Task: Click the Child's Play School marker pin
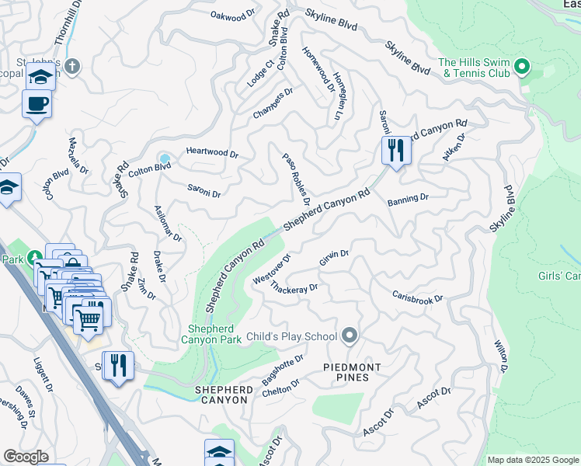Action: pyautogui.click(x=350, y=336)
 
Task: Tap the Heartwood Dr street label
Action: pyautogui.click(x=211, y=154)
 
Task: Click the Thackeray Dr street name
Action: pyautogui.click(x=294, y=288)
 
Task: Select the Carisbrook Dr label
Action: pyautogui.click(x=417, y=297)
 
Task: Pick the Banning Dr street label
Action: pyautogui.click(x=408, y=198)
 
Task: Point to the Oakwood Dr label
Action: pyautogui.click(x=233, y=15)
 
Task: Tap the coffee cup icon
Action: pyautogui.click(x=37, y=103)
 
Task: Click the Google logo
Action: pyautogui.click(x=26, y=457)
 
